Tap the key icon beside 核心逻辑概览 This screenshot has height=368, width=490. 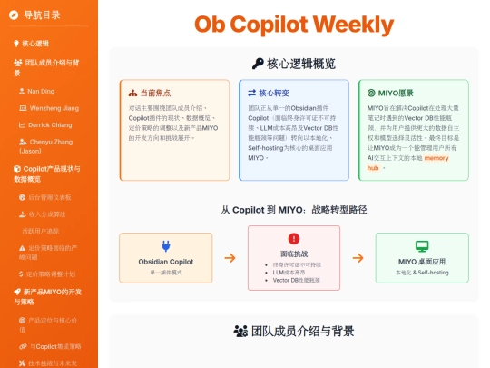tap(258, 64)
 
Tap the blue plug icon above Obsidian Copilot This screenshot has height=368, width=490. tap(166, 245)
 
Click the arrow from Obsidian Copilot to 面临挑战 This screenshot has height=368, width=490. tap(230, 257)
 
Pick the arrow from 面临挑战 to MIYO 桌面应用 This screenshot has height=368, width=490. tap(358, 257)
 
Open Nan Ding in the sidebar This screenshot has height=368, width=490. tap(40, 91)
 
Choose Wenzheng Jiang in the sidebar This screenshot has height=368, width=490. tap(54, 107)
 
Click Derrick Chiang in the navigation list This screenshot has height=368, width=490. tap(51, 124)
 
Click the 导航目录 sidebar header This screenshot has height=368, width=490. tap(42, 15)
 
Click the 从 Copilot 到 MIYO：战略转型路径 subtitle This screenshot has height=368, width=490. tap(293, 210)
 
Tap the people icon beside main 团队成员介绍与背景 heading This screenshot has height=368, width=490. tap(240, 332)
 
